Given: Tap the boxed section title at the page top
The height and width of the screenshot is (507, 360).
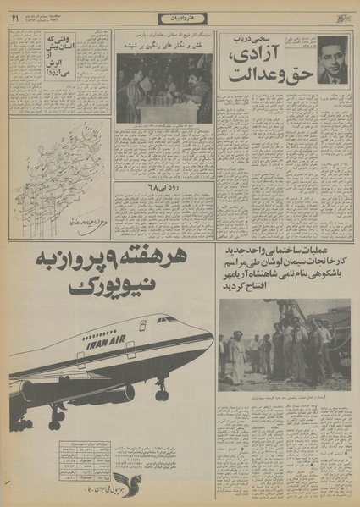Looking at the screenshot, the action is tap(180, 19).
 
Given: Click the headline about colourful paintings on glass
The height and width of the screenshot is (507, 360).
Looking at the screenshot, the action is tap(164, 47).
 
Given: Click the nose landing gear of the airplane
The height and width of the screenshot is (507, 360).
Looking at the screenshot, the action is tap(162, 392).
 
